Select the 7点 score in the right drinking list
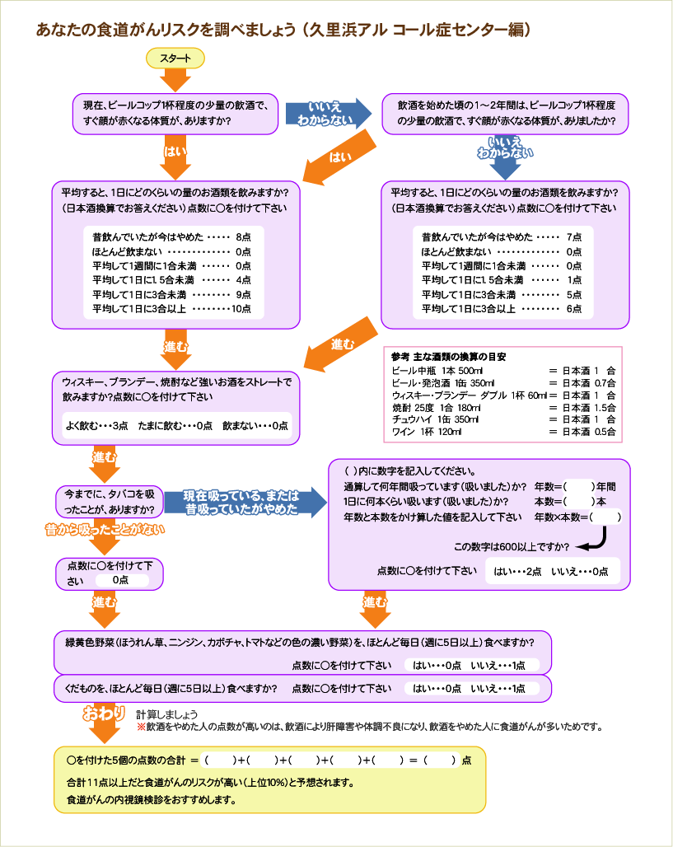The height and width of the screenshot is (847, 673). [x=574, y=236]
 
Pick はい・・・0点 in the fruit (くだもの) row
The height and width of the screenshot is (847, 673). [x=437, y=688]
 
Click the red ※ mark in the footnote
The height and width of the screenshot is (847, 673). [x=141, y=727]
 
